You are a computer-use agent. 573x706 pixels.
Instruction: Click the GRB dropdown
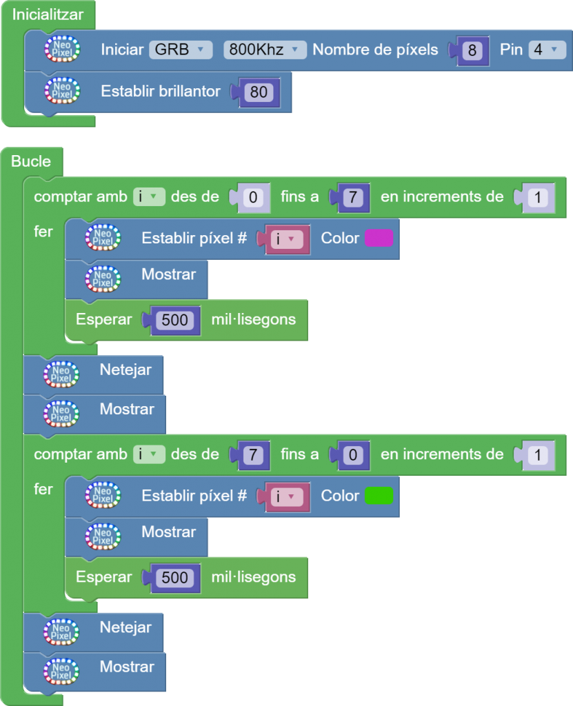coord(181,50)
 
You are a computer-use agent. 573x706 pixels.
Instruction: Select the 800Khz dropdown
coord(265,50)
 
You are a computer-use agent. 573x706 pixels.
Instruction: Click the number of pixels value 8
coord(472,50)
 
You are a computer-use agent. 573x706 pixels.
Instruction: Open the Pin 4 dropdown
coord(547,50)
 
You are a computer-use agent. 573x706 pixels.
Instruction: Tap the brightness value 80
coord(259,92)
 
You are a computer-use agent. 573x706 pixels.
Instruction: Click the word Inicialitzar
coord(48,14)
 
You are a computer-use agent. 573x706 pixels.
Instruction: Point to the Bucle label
coord(31,161)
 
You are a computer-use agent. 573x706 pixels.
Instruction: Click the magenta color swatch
coord(379,239)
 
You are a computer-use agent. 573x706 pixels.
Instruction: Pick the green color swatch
coord(379,496)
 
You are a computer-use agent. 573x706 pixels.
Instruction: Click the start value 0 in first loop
coord(253,198)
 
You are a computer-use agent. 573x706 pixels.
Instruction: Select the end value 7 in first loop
coord(352,198)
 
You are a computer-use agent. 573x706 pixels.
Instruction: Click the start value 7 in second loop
coord(253,455)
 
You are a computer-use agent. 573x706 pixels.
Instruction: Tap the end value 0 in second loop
coord(352,455)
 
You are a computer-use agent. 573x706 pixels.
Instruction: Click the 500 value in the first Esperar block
coord(174,320)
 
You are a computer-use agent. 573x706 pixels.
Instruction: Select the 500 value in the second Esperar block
coord(174,577)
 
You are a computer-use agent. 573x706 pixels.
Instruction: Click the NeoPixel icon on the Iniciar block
coord(63,50)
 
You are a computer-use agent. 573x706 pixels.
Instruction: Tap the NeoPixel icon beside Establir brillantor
coord(63,91)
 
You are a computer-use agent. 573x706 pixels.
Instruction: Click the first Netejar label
coord(125,370)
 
